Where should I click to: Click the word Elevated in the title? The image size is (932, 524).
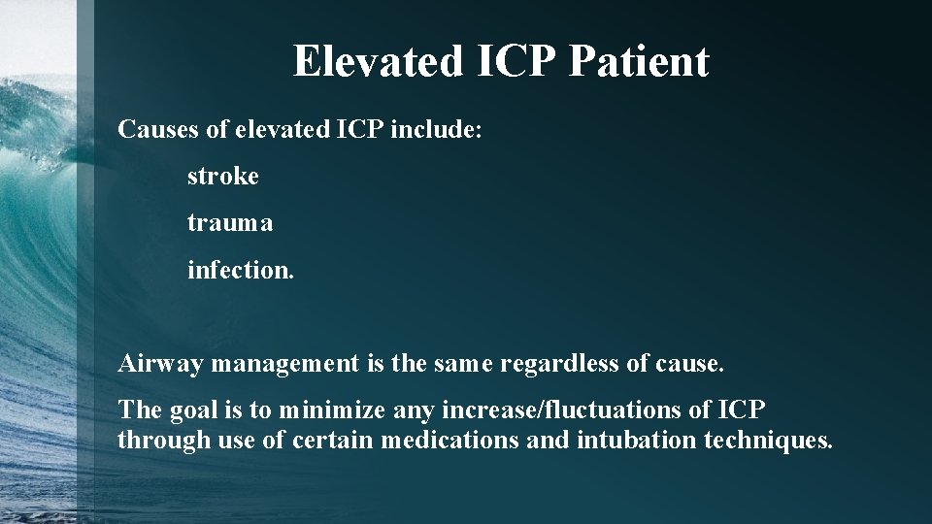coord(376,61)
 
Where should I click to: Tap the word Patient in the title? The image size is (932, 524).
coord(639,61)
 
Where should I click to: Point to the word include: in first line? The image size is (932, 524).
coord(435,129)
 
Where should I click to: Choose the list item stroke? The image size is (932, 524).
coord(223,177)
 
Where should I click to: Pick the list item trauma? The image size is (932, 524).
coord(230,223)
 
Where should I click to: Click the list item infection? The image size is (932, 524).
coord(240,270)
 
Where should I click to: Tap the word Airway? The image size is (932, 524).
coord(159,364)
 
